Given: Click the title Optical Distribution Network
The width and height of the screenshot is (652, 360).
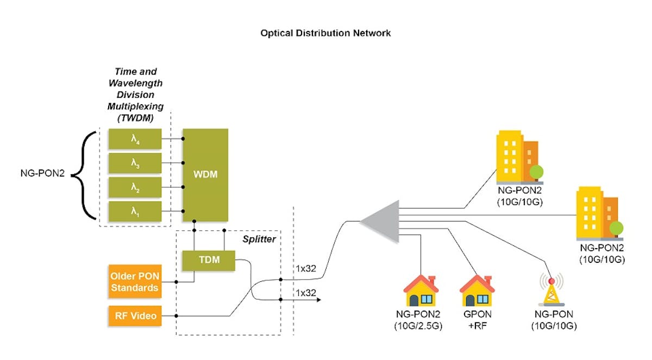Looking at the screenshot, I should (x=325, y=33).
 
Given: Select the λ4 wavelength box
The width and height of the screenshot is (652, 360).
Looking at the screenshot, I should (x=135, y=139).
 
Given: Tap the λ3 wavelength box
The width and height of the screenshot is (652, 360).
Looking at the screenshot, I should (x=135, y=163).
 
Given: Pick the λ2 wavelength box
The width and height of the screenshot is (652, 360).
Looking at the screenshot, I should (x=135, y=187).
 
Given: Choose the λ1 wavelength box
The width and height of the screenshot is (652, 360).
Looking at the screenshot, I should (x=135, y=211).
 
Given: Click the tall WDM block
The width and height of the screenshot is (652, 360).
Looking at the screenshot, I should (x=205, y=175).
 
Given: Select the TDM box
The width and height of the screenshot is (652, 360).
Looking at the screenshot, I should (x=209, y=260).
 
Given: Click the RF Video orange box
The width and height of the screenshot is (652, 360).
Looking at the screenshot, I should (x=134, y=315).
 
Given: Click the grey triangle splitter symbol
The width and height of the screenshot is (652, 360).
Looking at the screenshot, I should (x=382, y=221).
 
